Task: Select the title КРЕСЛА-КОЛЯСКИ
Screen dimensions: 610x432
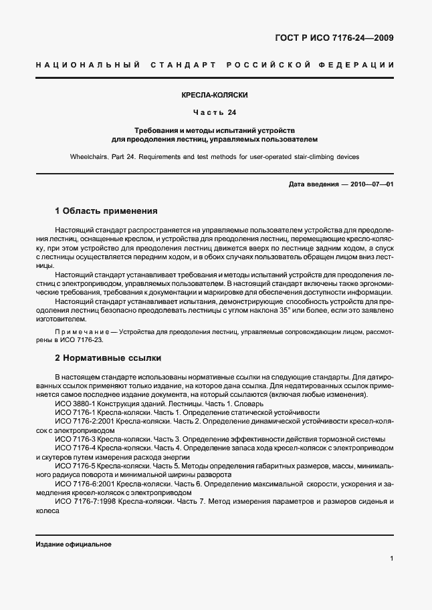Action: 216,96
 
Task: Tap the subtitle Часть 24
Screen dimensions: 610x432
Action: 216,112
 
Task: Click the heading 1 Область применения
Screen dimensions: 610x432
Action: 106,210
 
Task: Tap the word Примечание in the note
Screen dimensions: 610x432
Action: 82,331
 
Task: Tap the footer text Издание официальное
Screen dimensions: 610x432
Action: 74,544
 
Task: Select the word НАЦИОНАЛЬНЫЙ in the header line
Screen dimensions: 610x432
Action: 87,65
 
